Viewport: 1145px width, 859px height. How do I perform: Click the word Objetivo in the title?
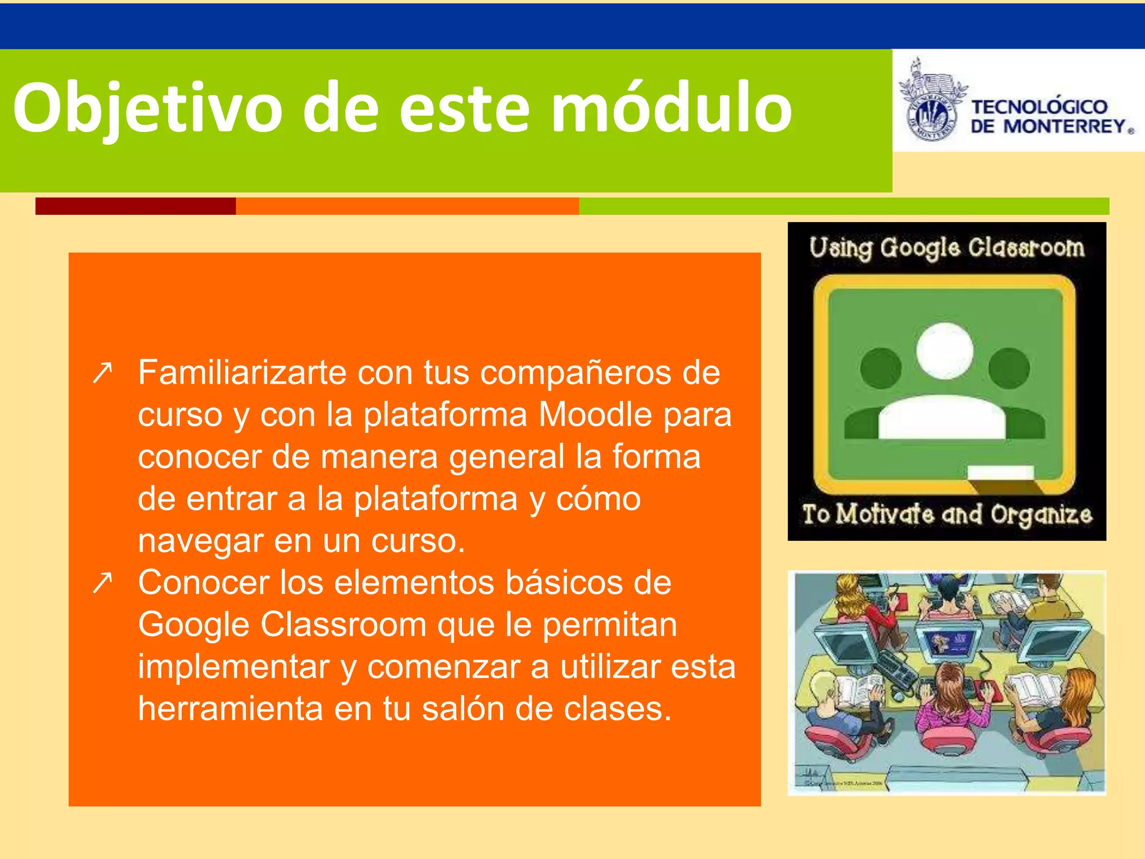pos(148,108)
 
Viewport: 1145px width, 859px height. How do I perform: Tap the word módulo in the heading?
pos(671,107)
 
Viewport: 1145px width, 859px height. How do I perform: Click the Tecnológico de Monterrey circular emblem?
pos(931,111)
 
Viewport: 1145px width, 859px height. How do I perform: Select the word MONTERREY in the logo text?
pos(1064,126)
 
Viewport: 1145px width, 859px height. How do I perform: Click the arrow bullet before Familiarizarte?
pos(103,373)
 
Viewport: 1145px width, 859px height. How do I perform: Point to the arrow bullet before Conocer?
pos(103,583)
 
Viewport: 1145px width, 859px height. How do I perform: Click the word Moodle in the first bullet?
pos(595,415)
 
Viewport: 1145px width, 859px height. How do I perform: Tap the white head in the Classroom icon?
pos(944,351)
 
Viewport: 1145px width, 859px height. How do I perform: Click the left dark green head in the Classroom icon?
pos(881,367)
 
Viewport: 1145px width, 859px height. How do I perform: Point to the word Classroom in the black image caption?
pos(1026,247)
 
